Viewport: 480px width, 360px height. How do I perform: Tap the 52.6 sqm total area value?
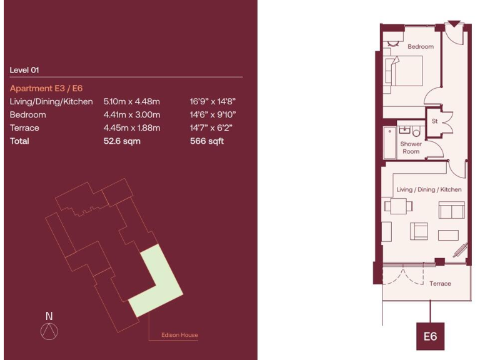tap(122, 141)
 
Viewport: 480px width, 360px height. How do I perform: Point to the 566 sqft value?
tap(206, 141)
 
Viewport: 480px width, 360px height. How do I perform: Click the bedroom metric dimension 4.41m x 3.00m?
tap(132, 115)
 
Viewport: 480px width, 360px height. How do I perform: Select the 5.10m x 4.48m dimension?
tap(132, 101)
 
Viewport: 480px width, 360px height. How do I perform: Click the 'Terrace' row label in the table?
tap(24, 128)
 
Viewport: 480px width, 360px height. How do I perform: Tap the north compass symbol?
tap(49, 331)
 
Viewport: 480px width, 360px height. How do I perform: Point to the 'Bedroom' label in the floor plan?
tap(421, 47)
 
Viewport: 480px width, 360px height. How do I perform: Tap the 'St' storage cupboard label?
tap(434, 121)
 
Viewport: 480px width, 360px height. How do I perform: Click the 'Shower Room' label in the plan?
tap(411, 147)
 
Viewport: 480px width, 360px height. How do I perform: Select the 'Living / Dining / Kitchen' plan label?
tap(429, 189)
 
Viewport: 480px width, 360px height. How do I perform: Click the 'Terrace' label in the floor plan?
tap(440, 283)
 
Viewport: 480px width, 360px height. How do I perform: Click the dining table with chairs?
tap(397, 206)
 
